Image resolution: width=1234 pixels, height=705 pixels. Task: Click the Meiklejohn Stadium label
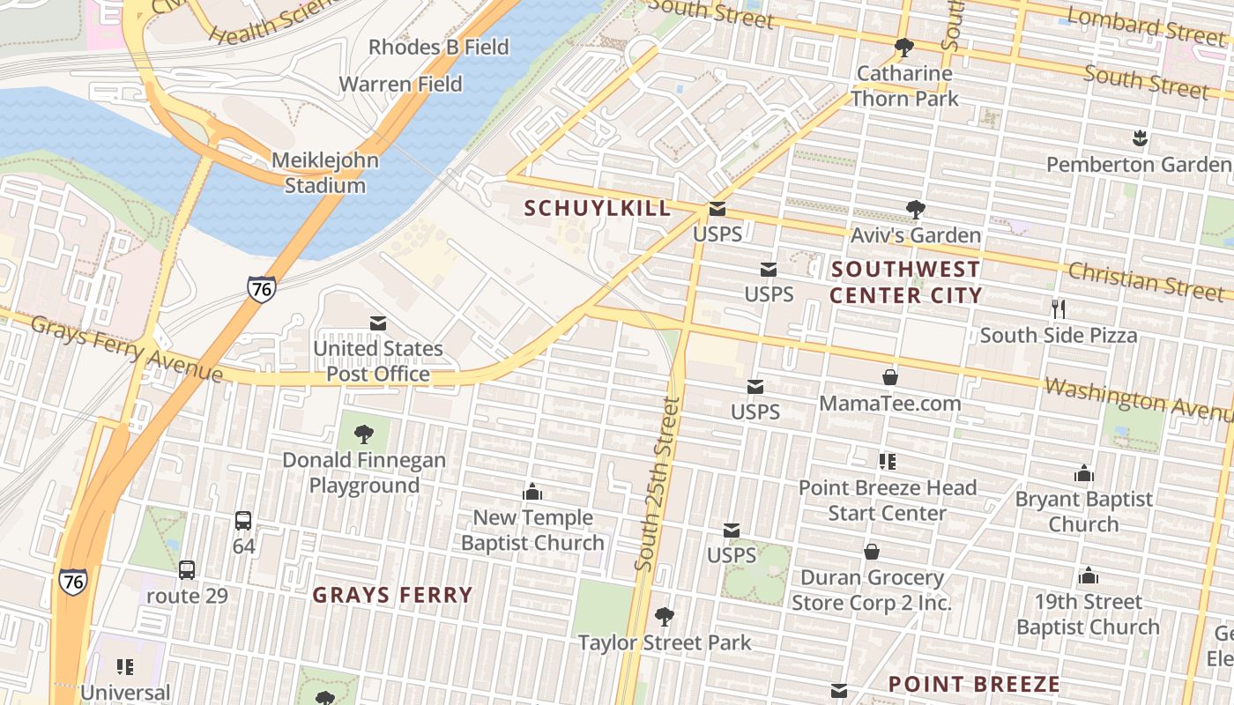[324, 173]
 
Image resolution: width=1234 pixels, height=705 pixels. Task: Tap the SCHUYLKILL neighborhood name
[598, 208]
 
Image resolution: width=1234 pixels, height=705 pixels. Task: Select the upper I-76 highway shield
[261, 289]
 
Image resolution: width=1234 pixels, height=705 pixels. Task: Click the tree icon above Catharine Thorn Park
[903, 48]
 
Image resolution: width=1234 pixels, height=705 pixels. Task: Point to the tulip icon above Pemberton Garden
[1139, 138]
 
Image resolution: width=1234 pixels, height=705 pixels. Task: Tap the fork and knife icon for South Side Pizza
[1059, 309]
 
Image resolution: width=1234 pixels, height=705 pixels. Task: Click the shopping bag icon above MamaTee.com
[890, 377]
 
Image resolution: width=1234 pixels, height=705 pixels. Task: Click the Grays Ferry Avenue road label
[126, 349]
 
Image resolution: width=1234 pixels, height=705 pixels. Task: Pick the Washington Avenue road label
[1137, 398]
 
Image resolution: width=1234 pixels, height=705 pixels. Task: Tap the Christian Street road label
[1146, 280]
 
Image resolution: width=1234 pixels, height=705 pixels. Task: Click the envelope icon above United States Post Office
[378, 323]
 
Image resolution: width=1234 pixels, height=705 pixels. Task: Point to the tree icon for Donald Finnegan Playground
[363, 434]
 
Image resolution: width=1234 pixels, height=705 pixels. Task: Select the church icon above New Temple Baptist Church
[532, 492]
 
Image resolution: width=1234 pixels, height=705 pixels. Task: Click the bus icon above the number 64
[243, 521]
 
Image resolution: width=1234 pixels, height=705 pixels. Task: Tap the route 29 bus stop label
[187, 596]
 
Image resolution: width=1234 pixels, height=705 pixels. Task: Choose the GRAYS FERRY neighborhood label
[392, 595]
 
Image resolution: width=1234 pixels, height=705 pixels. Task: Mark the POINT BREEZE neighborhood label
[973, 684]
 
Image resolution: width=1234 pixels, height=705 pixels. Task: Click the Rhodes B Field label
[438, 47]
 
